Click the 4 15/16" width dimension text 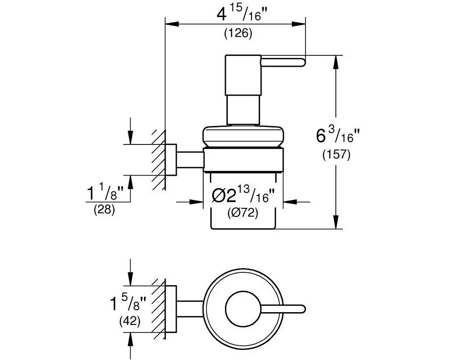[x=242, y=15]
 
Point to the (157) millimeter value [x=336, y=154]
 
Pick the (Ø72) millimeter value [x=243, y=214]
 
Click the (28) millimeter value [x=104, y=209]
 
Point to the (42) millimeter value [x=129, y=321]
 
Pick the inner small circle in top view [x=243, y=309]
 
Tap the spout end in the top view [x=298, y=309]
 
